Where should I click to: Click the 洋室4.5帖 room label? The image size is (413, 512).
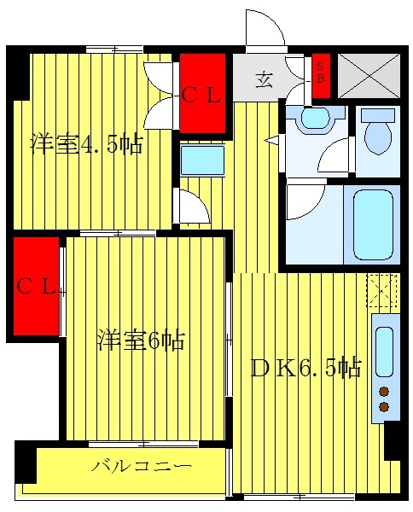pos(87,143)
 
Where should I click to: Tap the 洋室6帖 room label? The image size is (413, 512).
pos(140,340)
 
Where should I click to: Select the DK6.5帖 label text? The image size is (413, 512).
pos(305,368)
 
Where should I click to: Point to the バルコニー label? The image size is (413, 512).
pos(142,467)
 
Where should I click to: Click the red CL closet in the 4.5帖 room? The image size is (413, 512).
pos(202,94)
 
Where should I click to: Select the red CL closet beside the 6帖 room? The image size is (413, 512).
pos(36,287)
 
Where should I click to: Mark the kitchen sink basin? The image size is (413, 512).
pos(385,350)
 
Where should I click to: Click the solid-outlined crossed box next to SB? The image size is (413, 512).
pos(369,76)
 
